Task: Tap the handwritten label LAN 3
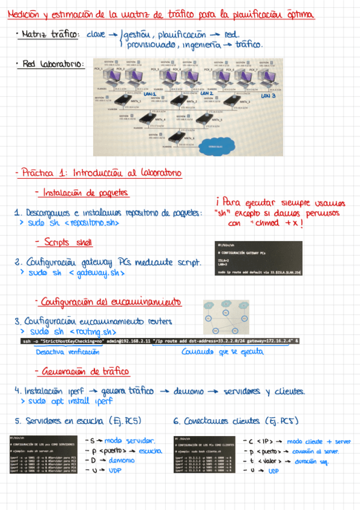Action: (x=267, y=96)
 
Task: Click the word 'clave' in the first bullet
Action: (x=96, y=35)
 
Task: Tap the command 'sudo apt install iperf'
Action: (x=66, y=401)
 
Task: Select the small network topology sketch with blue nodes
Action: (x=222, y=318)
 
